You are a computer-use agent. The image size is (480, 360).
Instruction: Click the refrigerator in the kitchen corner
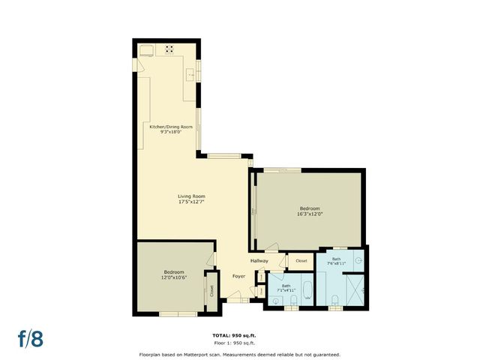pos(145,49)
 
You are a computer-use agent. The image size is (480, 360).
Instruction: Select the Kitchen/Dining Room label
pos(171,127)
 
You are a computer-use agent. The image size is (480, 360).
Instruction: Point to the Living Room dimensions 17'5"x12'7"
pos(192,202)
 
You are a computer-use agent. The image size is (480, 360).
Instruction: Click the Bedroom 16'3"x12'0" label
pos(310,214)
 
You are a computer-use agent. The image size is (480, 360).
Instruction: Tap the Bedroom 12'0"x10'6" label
pos(174,277)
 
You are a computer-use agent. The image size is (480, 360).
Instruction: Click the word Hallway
pos(259,260)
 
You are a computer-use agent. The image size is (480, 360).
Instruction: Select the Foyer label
pos(238,276)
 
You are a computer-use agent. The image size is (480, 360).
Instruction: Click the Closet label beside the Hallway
pos(301,260)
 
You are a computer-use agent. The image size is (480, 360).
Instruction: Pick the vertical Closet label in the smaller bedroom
pos(211,290)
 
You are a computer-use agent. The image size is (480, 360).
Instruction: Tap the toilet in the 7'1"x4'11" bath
pos(293,300)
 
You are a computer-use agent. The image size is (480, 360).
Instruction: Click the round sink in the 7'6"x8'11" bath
pos(359,259)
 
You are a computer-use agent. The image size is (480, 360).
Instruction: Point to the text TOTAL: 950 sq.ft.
pos(239,335)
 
